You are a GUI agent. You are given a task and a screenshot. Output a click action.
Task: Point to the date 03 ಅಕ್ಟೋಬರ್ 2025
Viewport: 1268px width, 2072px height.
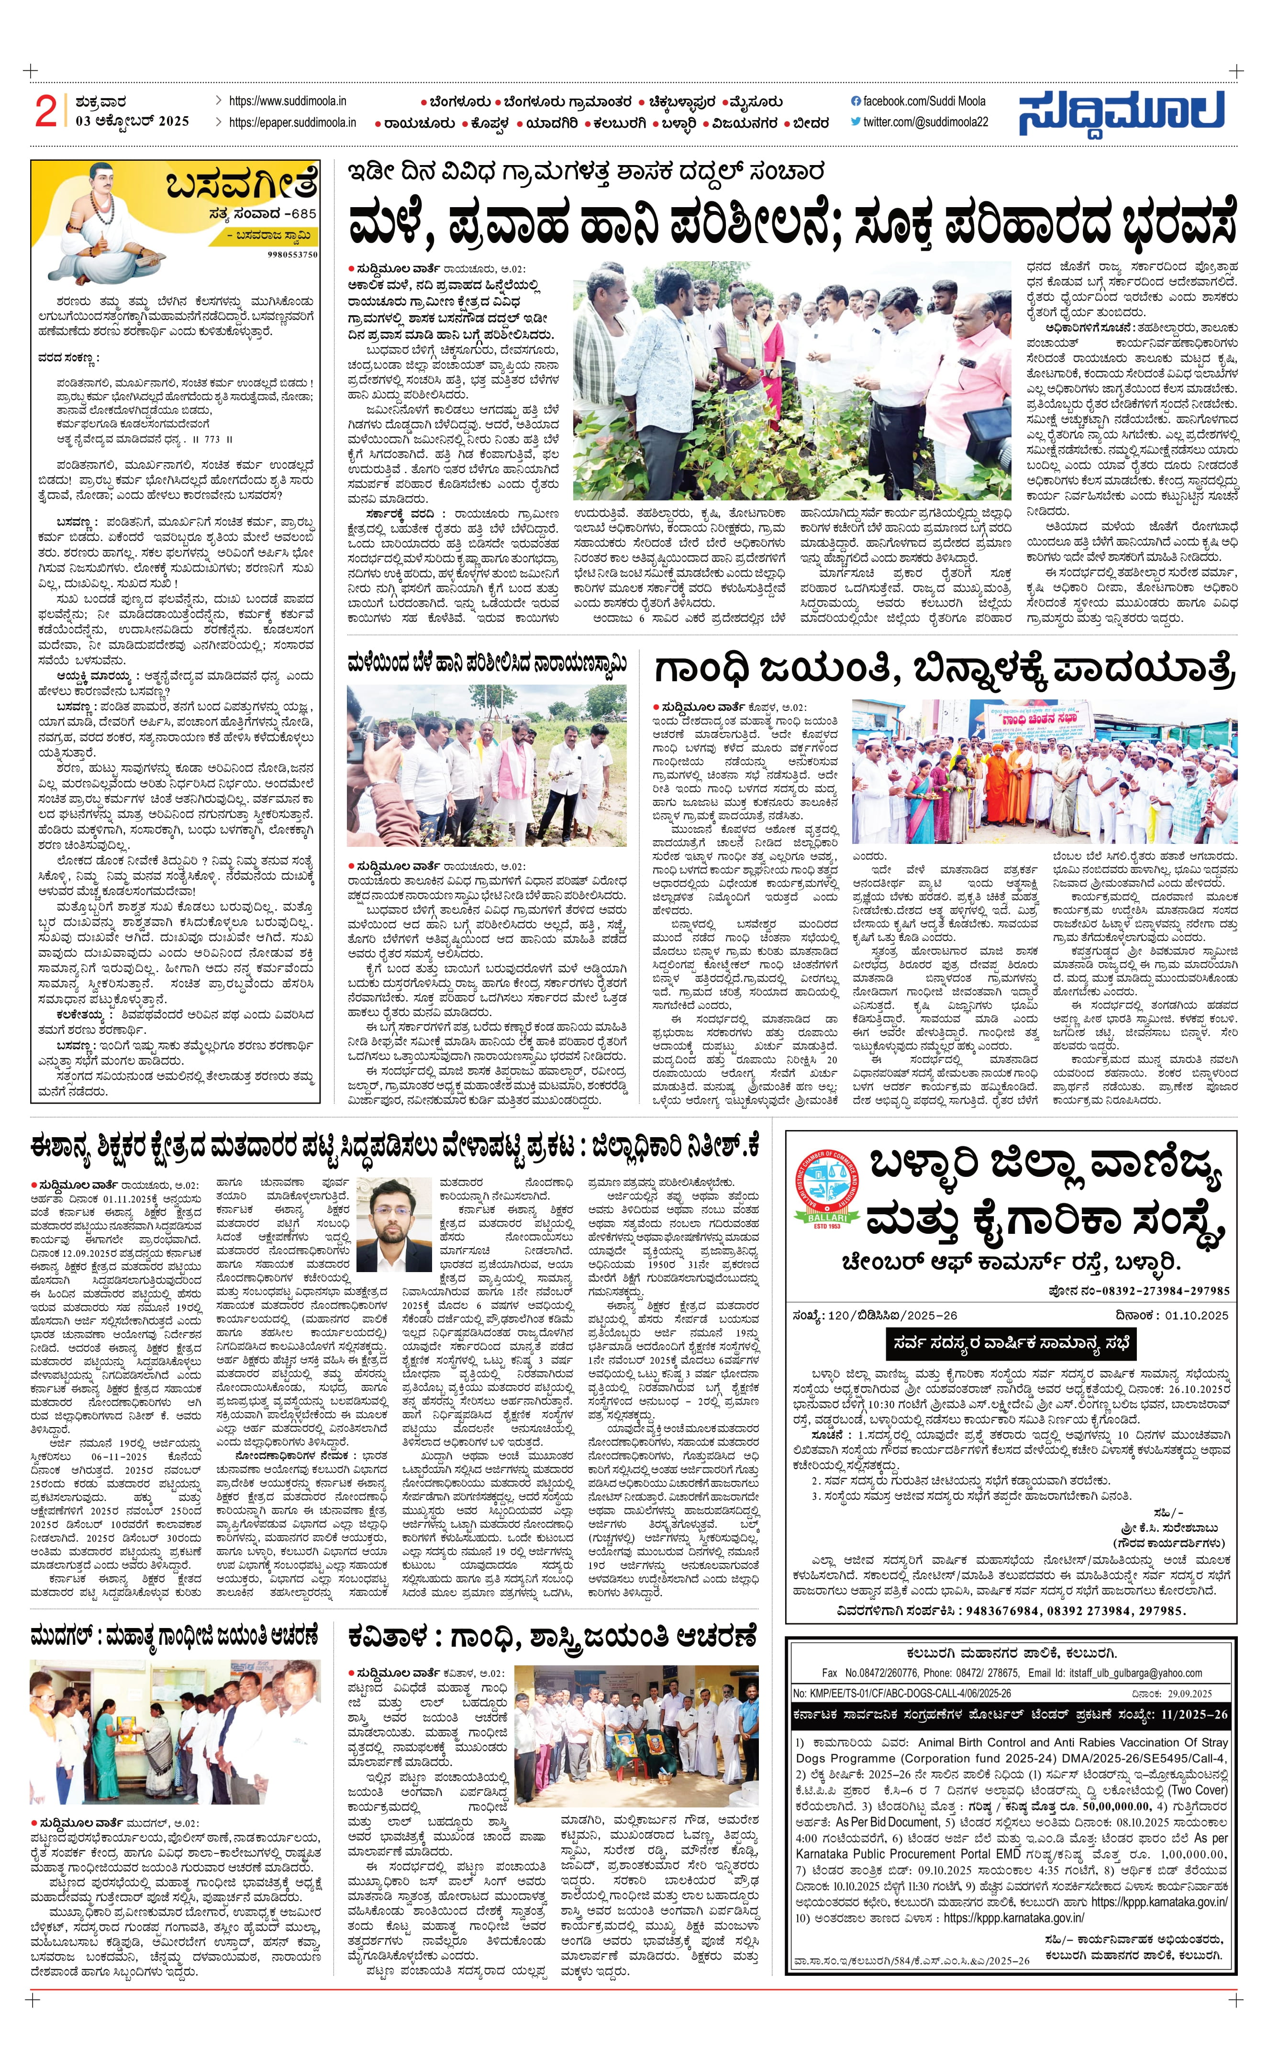(132, 121)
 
